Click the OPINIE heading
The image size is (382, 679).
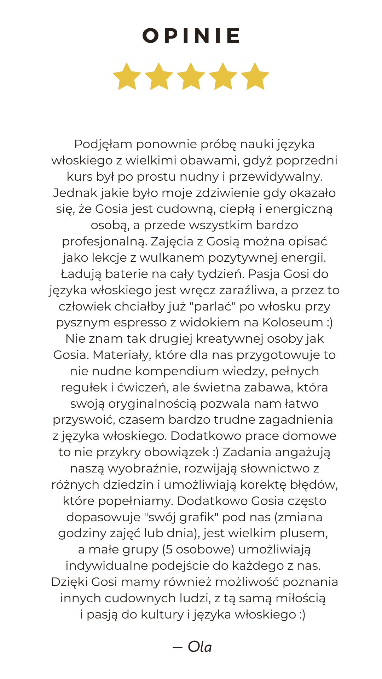[191, 36]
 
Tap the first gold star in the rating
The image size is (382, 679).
[127, 76]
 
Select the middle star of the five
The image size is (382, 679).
[191, 76]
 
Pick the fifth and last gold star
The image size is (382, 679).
[255, 76]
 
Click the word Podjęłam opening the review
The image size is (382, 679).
[103, 144]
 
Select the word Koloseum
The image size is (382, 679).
[293, 323]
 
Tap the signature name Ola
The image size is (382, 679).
[200, 647]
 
